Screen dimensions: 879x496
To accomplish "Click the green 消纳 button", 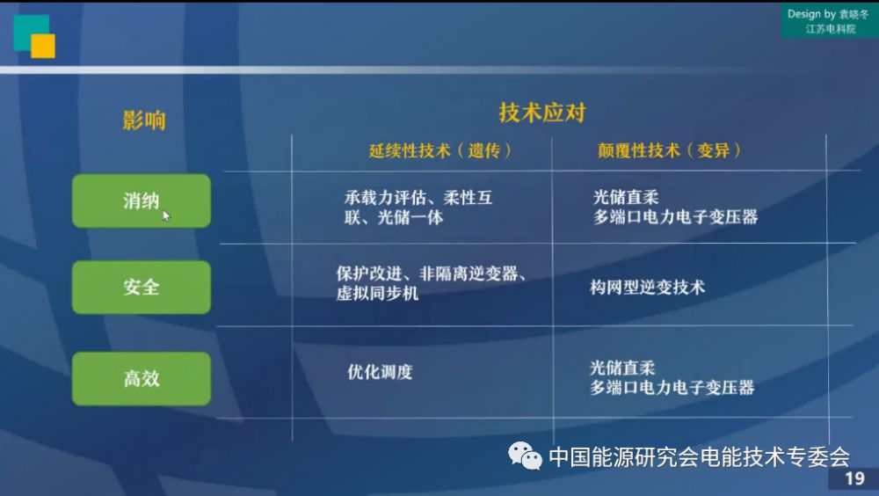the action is pyautogui.click(x=142, y=201).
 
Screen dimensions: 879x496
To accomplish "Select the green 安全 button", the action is pyautogui.click(x=142, y=287).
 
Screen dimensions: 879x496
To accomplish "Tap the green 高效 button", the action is pyautogui.click(x=142, y=378).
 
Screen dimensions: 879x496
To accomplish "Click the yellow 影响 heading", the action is pyautogui.click(x=144, y=120).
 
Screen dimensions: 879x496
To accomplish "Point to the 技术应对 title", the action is pyautogui.click(x=542, y=113).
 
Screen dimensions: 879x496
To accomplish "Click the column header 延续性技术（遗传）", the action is pyautogui.click(x=440, y=150).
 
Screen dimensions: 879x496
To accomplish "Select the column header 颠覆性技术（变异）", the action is pyautogui.click(x=669, y=150).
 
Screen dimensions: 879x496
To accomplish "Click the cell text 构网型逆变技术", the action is pyautogui.click(x=647, y=288).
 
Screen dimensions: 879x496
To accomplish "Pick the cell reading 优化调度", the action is pyautogui.click(x=380, y=371).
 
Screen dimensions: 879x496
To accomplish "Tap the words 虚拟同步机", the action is pyautogui.click(x=377, y=293).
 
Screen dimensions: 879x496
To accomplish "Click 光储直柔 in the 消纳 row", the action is pyautogui.click(x=626, y=197).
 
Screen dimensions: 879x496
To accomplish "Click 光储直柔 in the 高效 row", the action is pyautogui.click(x=622, y=368).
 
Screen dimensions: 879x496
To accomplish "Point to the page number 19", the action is pyautogui.click(x=854, y=478).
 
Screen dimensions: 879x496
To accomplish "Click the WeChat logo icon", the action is pyautogui.click(x=525, y=455).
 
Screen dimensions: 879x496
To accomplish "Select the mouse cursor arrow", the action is pyautogui.click(x=166, y=216).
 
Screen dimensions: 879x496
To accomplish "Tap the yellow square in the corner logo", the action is pyautogui.click(x=43, y=46).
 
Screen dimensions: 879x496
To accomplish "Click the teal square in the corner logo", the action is pyautogui.click(x=28, y=29).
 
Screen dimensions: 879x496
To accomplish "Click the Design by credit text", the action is pyautogui.click(x=828, y=21).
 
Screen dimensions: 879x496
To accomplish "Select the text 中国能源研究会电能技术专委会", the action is pyautogui.click(x=699, y=456).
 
